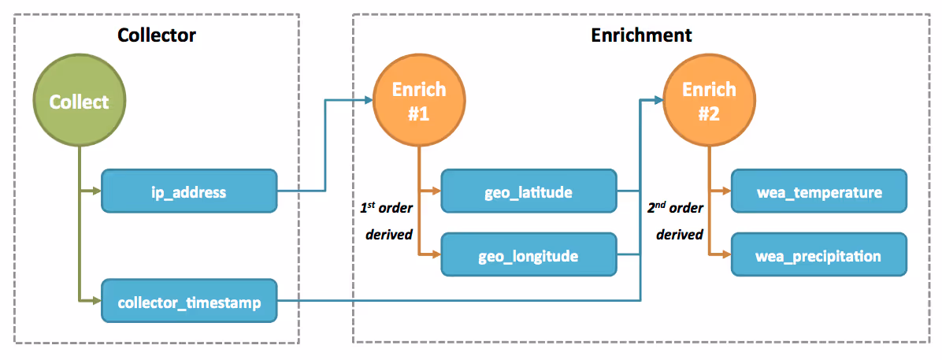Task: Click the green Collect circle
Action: click(80, 102)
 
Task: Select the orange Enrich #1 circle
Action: click(419, 102)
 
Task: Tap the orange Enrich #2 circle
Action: click(708, 102)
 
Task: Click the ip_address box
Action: click(189, 192)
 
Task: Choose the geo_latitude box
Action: click(529, 191)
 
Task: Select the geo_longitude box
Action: click(529, 255)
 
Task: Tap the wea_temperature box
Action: click(818, 191)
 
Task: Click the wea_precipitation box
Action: click(818, 255)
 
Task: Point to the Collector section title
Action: click(156, 35)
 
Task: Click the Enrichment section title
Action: click(641, 35)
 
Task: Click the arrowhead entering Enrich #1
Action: click(368, 101)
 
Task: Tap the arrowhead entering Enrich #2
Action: click(657, 101)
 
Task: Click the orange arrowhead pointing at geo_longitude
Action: click(436, 255)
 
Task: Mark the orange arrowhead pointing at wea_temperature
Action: click(725, 191)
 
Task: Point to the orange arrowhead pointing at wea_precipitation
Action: click(725, 255)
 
